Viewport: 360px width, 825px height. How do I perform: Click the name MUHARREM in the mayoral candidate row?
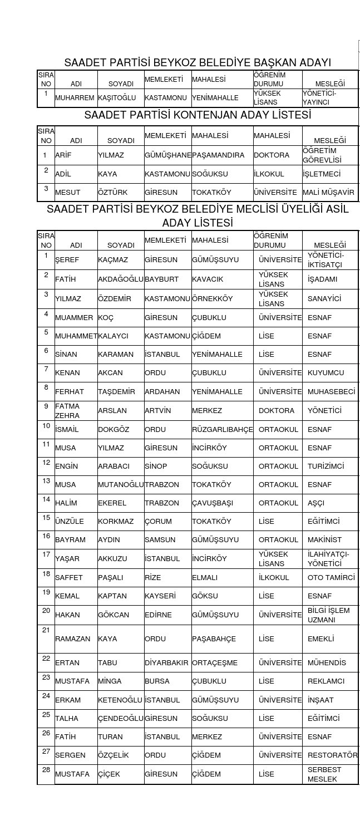pyautogui.click(x=75, y=98)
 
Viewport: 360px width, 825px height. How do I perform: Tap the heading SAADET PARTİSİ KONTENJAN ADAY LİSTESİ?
pyautogui.click(x=198, y=115)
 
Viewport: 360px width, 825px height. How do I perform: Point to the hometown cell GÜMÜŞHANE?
pyautogui.click(x=168, y=155)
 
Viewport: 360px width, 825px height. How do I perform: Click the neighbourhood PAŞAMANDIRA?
pyautogui.click(x=218, y=155)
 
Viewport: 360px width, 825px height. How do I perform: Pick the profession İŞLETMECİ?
pyautogui.click(x=322, y=174)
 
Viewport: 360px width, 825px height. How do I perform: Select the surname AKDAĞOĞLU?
pyautogui.click(x=121, y=279)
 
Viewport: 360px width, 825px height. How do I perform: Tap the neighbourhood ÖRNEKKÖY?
pyautogui.click(x=213, y=299)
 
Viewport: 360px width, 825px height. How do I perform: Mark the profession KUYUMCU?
pyautogui.click(x=326, y=373)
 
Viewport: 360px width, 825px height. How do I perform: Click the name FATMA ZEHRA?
pyautogui.click(x=67, y=411)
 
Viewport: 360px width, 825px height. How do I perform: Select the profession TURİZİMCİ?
pyautogui.click(x=326, y=466)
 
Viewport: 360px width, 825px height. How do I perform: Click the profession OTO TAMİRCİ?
pyautogui.click(x=331, y=578)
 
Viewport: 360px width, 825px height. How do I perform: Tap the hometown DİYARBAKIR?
pyautogui.click(x=167, y=663)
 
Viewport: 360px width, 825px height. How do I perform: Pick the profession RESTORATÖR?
pyautogui.click(x=333, y=755)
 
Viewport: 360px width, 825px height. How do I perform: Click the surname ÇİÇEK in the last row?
pyautogui.click(x=109, y=774)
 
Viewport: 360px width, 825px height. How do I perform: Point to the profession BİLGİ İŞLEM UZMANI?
pyautogui.click(x=329, y=615)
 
